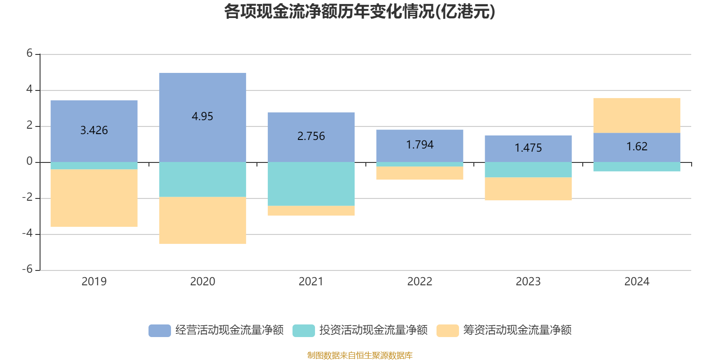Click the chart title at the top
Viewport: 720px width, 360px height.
click(360, 12)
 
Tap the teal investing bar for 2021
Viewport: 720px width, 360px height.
click(311, 184)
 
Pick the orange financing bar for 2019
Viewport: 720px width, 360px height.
click(94, 198)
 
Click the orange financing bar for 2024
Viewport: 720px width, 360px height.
click(636, 115)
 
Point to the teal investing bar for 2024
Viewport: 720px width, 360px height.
click(636, 166)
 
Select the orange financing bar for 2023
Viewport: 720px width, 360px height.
click(528, 189)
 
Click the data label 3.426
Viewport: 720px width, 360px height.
click(94, 130)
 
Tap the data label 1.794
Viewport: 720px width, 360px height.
click(419, 145)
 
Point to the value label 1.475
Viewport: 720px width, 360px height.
click(528, 148)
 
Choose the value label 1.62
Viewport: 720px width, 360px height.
click(637, 147)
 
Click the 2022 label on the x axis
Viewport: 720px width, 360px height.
click(419, 282)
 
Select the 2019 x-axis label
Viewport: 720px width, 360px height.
click(94, 282)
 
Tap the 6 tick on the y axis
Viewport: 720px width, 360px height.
click(30, 54)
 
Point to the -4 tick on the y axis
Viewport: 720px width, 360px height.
click(28, 234)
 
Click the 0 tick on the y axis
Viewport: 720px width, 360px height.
click(30, 162)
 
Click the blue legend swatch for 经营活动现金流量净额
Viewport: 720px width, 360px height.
click(160, 330)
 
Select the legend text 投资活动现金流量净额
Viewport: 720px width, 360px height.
click(373, 330)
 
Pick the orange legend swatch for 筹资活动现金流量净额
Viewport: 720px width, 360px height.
click(448, 330)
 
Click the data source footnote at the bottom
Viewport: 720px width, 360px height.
click(360, 355)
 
